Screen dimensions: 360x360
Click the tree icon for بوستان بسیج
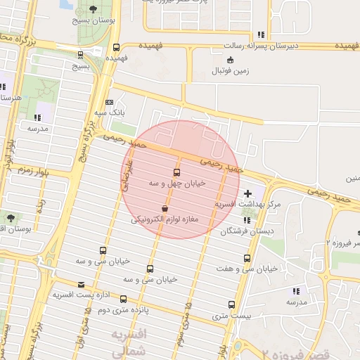pos(94,10)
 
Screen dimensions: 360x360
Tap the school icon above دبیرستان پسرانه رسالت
pos(261,34)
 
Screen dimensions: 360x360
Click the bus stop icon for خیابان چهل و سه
pos(176,172)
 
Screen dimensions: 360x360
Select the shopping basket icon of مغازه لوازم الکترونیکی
pos(165,209)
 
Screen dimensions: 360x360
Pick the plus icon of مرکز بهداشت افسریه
pos(247,193)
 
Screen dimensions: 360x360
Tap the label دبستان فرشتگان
pos(248,231)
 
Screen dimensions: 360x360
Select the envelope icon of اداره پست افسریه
pos(82,285)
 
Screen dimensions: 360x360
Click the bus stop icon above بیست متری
pos(232,304)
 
